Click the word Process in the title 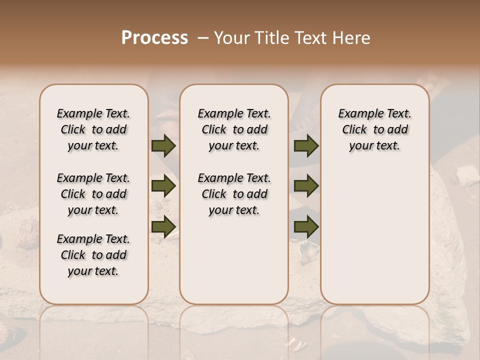point(154,38)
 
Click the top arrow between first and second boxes point(163,146)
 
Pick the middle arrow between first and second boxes point(163,186)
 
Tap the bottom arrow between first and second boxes point(163,226)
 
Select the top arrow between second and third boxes point(306,146)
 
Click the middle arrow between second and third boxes point(306,186)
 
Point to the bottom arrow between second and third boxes point(306,226)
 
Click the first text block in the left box point(93,129)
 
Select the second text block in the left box point(93,194)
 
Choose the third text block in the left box point(93,255)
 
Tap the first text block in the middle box point(234,129)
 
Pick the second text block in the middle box point(234,194)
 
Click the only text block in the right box point(375,129)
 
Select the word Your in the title point(229,38)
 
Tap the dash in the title point(203,38)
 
